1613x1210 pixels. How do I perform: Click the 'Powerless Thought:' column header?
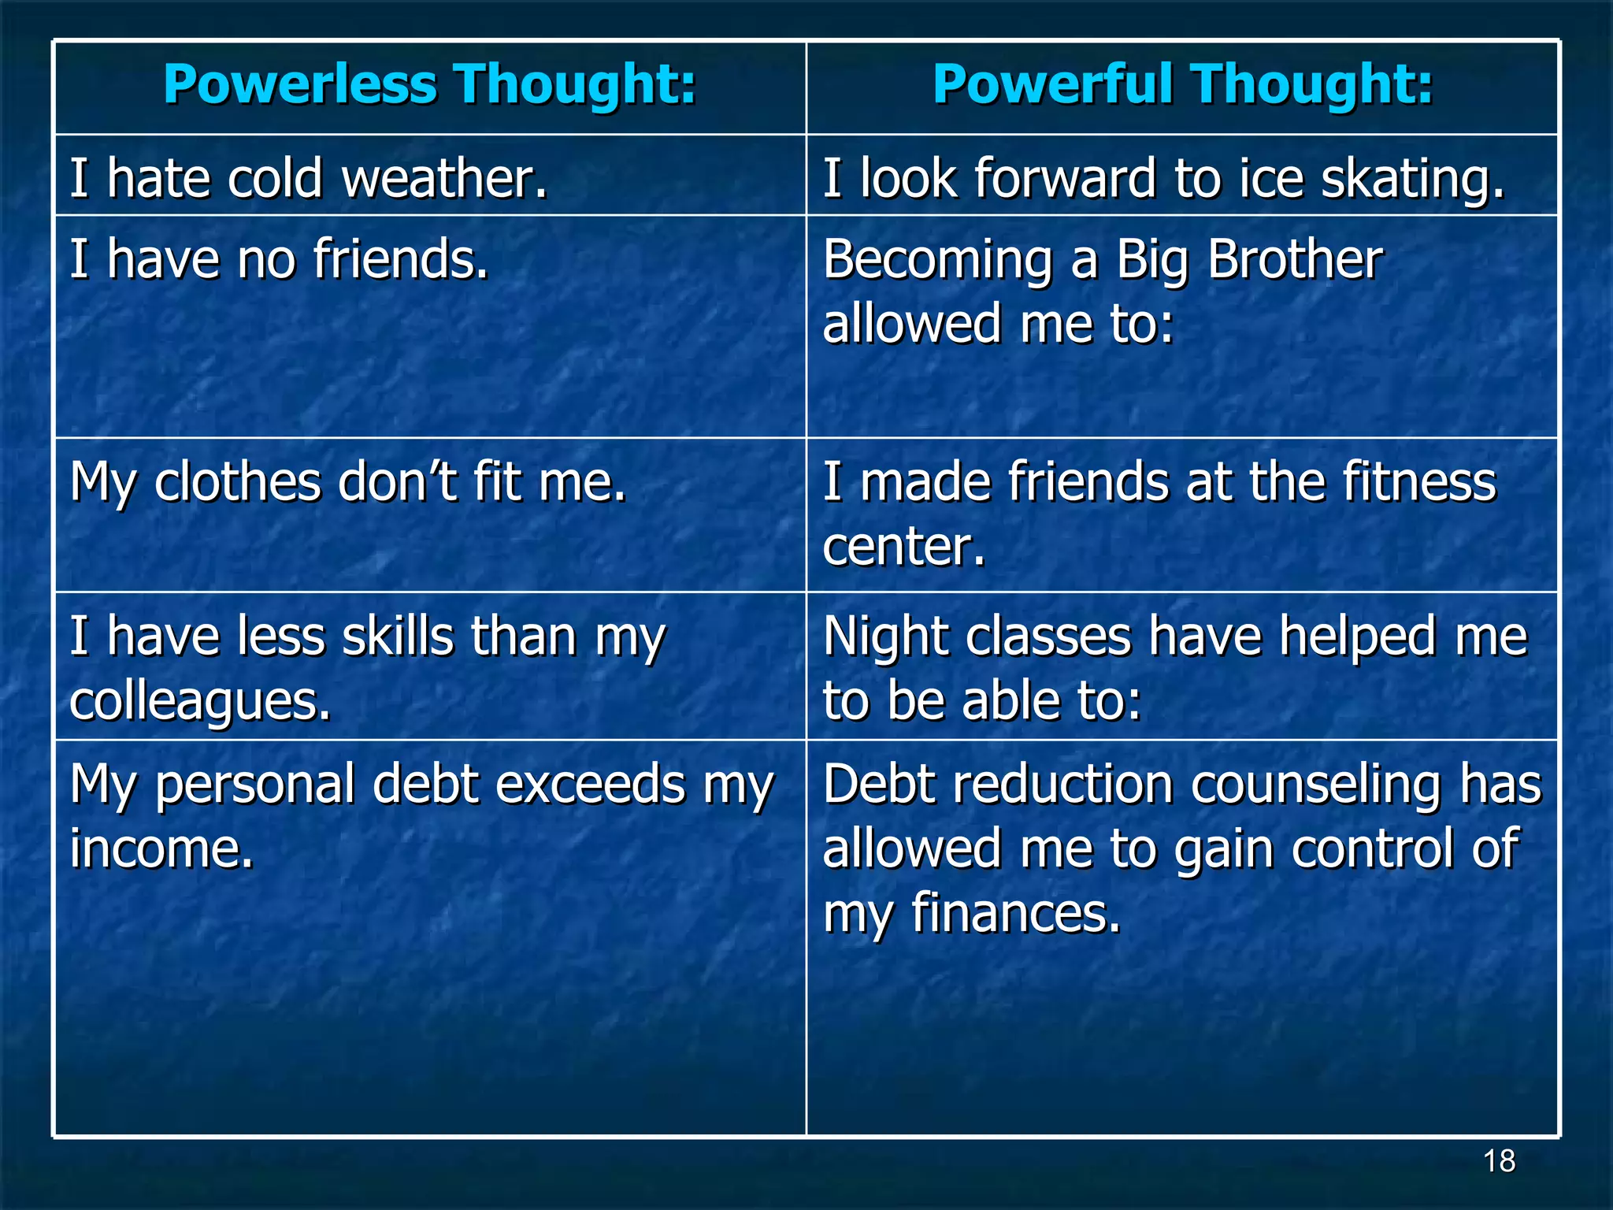(430, 84)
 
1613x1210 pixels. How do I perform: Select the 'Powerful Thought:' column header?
(1182, 84)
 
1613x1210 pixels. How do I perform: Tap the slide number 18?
(1499, 1161)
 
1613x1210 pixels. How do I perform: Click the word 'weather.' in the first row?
(444, 178)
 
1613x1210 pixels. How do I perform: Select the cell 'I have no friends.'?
(280, 259)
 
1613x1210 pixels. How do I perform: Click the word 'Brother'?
(1295, 259)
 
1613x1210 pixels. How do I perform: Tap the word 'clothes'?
(237, 481)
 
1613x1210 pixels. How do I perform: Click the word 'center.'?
(904, 546)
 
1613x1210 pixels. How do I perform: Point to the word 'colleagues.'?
(200, 702)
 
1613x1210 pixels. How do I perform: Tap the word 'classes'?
(1048, 637)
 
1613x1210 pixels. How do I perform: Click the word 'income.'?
(162, 849)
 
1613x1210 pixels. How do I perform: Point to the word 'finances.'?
(1015, 914)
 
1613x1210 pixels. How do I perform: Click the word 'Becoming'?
(937, 261)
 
